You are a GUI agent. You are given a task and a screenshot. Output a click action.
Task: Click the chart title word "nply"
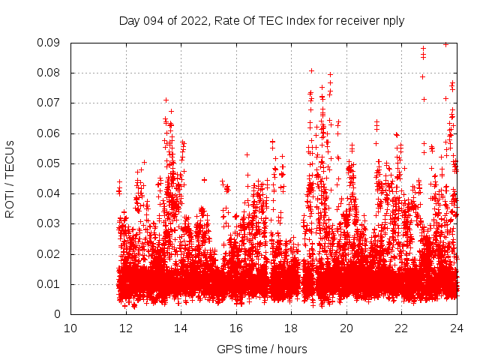tap(393, 21)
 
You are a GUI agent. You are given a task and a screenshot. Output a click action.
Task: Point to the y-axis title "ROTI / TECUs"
tap(10, 178)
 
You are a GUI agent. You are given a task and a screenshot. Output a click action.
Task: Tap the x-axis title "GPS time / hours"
tap(262, 349)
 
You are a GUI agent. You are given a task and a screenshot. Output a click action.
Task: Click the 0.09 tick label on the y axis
tap(49, 43)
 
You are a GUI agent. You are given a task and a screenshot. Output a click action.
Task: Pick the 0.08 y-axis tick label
tap(49, 73)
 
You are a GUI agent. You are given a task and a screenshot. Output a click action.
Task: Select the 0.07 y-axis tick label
tap(49, 103)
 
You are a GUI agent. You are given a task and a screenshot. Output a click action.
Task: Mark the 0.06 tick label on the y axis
tap(49, 133)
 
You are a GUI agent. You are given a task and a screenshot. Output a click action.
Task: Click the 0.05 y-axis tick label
tap(49, 163)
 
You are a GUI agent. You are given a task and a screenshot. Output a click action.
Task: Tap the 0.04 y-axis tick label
tap(49, 193)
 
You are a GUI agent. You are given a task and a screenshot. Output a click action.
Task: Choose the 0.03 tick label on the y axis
tap(49, 223)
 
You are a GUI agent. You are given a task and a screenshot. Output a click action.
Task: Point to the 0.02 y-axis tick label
tap(49, 253)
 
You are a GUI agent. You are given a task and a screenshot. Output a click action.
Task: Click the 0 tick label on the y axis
tap(58, 314)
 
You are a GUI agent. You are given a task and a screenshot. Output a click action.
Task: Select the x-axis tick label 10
tap(70, 328)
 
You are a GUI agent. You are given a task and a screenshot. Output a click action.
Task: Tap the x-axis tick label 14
tap(181, 328)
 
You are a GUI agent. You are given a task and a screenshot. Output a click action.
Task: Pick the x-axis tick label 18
tap(291, 328)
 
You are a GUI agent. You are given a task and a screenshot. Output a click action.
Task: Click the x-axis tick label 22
tap(401, 328)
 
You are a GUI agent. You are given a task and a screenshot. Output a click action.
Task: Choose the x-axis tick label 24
tap(457, 328)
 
